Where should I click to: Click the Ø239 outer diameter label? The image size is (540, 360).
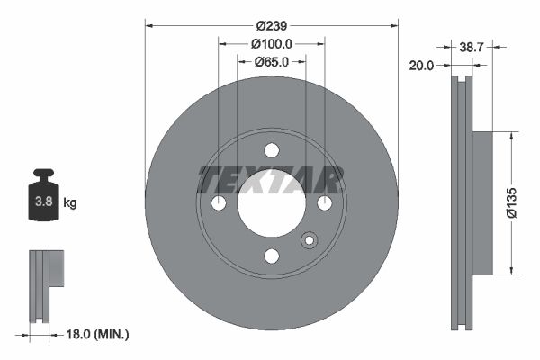pyautogui.click(x=271, y=27)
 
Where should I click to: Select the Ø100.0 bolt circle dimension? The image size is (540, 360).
pyautogui.click(x=271, y=44)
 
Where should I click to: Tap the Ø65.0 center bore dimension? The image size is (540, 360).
pyautogui.click(x=271, y=62)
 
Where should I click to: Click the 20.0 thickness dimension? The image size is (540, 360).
pyautogui.click(x=421, y=65)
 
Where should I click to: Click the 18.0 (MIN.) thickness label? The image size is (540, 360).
pyautogui.click(x=94, y=334)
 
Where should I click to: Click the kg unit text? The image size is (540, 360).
pyautogui.click(x=70, y=203)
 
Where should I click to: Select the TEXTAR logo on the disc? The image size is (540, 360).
pyautogui.click(x=271, y=181)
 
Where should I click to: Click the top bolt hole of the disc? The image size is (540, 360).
pyautogui.click(x=271, y=151)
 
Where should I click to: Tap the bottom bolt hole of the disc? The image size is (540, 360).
pyautogui.click(x=271, y=256)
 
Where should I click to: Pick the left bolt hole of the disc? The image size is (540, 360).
pyautogui.click(x=219, y=204)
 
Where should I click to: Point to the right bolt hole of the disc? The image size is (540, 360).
pyautogui.click(x=323, y=204)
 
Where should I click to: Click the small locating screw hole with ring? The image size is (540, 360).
pyautogui.click(x=310, y=240)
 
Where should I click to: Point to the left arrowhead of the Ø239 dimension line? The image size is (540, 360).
pyautogui.click(x=150, y=27)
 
